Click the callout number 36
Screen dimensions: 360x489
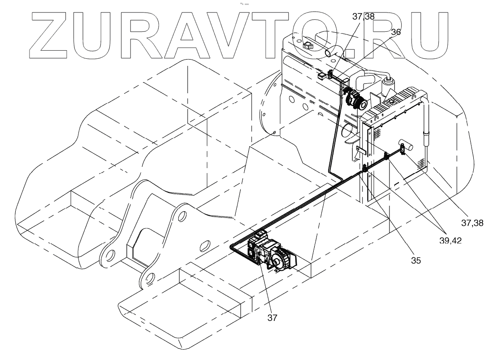(x=396, y=32)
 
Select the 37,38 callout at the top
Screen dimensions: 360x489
(x=364, y=17)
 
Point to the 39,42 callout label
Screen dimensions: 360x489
(x=450, y=240)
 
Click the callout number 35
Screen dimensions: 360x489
(x=416, y=260)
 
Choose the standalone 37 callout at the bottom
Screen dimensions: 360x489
(x=273, y=318)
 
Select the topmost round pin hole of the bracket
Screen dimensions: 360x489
(x=181, y=217)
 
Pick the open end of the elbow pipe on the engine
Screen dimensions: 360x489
(x=327, y=53)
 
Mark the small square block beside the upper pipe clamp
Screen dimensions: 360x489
(x=320, y=76)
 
